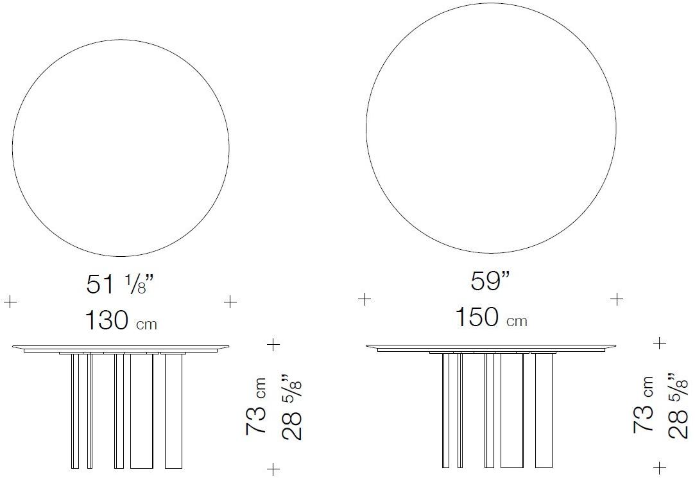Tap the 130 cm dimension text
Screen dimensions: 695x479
pyautogui.click(x=121, y=320)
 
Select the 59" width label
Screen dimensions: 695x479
pyautogui.click(x=490, y=281)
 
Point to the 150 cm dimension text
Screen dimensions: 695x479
pyautogui.click(x=491, y=318)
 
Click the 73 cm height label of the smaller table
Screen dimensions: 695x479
pyautogui.click(x=256, y=406)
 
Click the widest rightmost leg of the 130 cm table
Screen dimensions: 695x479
pyautogui.click(x=173, y=411)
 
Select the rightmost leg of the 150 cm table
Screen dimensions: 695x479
pyautogui.click(x=544, y=410)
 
